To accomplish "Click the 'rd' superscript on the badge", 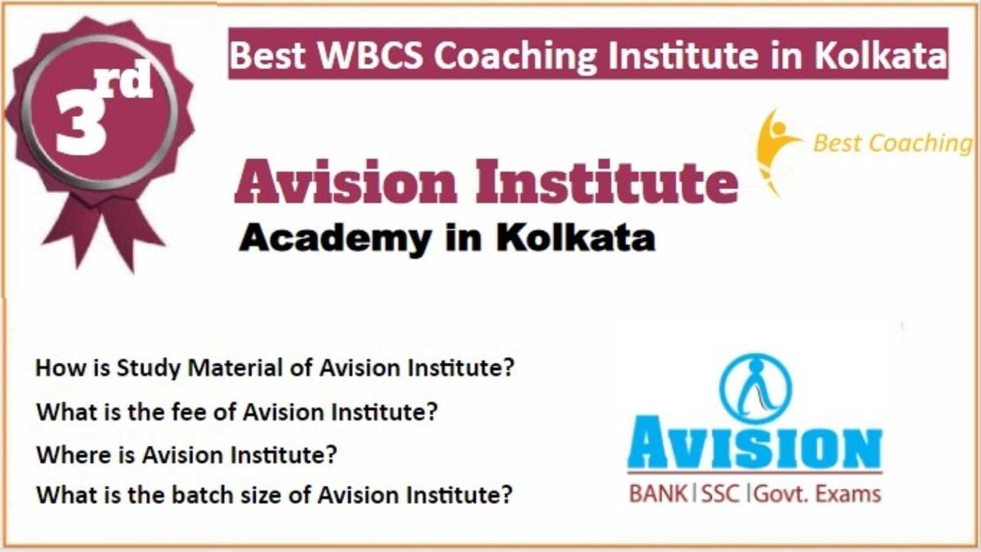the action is tap(124, 80).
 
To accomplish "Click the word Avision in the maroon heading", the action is tap(346, 182).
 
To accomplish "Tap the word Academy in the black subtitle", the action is tap(335, 239).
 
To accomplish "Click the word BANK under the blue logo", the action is tap(658, 494).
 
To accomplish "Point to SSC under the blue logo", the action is tap(720, 494).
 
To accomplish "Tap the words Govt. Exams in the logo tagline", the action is tap(817, 494).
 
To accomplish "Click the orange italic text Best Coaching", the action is tap(892, 144).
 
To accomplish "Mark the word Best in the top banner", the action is tap(267, 55).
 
